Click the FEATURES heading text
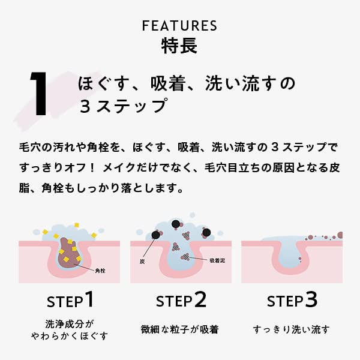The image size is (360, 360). [179, 26]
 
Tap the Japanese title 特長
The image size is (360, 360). [179, 46]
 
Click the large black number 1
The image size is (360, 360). [40, 95]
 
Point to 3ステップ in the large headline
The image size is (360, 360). [122, 107]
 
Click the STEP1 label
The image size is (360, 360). [70, 300]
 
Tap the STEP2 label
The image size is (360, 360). [181, 300]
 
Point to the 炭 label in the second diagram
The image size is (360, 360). [142, 262]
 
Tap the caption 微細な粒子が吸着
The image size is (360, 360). [179, 329]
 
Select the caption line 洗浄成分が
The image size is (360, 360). [70, 323]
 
